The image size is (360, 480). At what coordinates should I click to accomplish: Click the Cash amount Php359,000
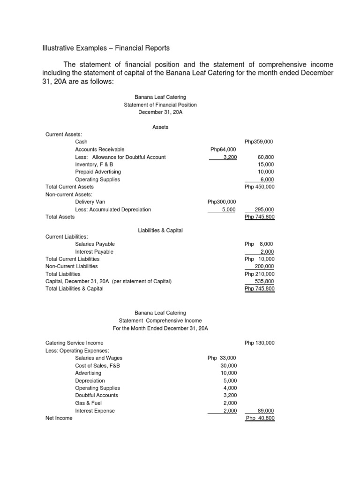259,142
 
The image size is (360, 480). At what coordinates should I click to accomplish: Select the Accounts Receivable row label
99,149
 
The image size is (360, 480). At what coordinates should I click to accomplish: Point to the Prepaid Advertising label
97,172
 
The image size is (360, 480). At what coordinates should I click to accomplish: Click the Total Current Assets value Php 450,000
259,187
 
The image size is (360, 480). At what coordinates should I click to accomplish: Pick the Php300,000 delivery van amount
222,202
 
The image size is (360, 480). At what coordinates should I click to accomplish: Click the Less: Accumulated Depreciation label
113,210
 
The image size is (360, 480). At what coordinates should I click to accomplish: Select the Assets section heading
160,127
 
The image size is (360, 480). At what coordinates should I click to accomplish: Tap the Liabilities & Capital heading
160,231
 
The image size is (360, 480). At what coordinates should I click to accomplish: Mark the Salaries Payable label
95,244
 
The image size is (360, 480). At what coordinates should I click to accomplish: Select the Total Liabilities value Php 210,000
259,274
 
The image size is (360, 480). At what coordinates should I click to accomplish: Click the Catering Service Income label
75,343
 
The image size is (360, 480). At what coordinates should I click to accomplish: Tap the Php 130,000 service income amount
259,343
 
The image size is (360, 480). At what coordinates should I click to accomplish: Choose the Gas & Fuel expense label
88,403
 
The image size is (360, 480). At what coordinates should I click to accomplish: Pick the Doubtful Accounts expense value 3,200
230,395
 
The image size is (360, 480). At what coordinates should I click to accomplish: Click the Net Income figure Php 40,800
260,418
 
